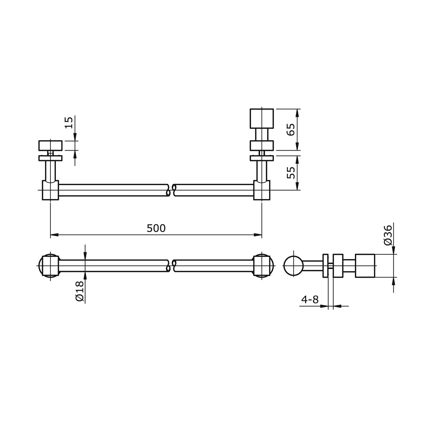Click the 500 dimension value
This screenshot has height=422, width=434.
(x=156, y=229)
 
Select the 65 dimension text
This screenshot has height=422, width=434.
(x=291, y=129)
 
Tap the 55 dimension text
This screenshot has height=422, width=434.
(x=291, y=172)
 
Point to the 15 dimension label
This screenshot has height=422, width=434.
(x=69, y=122)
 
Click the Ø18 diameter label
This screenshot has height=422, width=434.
(x=80, y=291)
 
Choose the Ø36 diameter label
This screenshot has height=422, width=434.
(x=388, y=235)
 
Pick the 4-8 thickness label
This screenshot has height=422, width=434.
(x=310, y=299)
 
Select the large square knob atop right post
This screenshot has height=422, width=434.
(x=262, y=118)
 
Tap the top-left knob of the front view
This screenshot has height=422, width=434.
(x=50, y=146)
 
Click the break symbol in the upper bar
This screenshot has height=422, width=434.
(x=171, y=190)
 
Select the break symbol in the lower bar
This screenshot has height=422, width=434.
(x=171, y=266)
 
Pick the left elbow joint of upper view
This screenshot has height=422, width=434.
(x=50, y=190)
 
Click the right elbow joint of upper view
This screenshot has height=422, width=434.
(x=262, y=190)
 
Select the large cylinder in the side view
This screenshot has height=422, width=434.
(x=365, y=266)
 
